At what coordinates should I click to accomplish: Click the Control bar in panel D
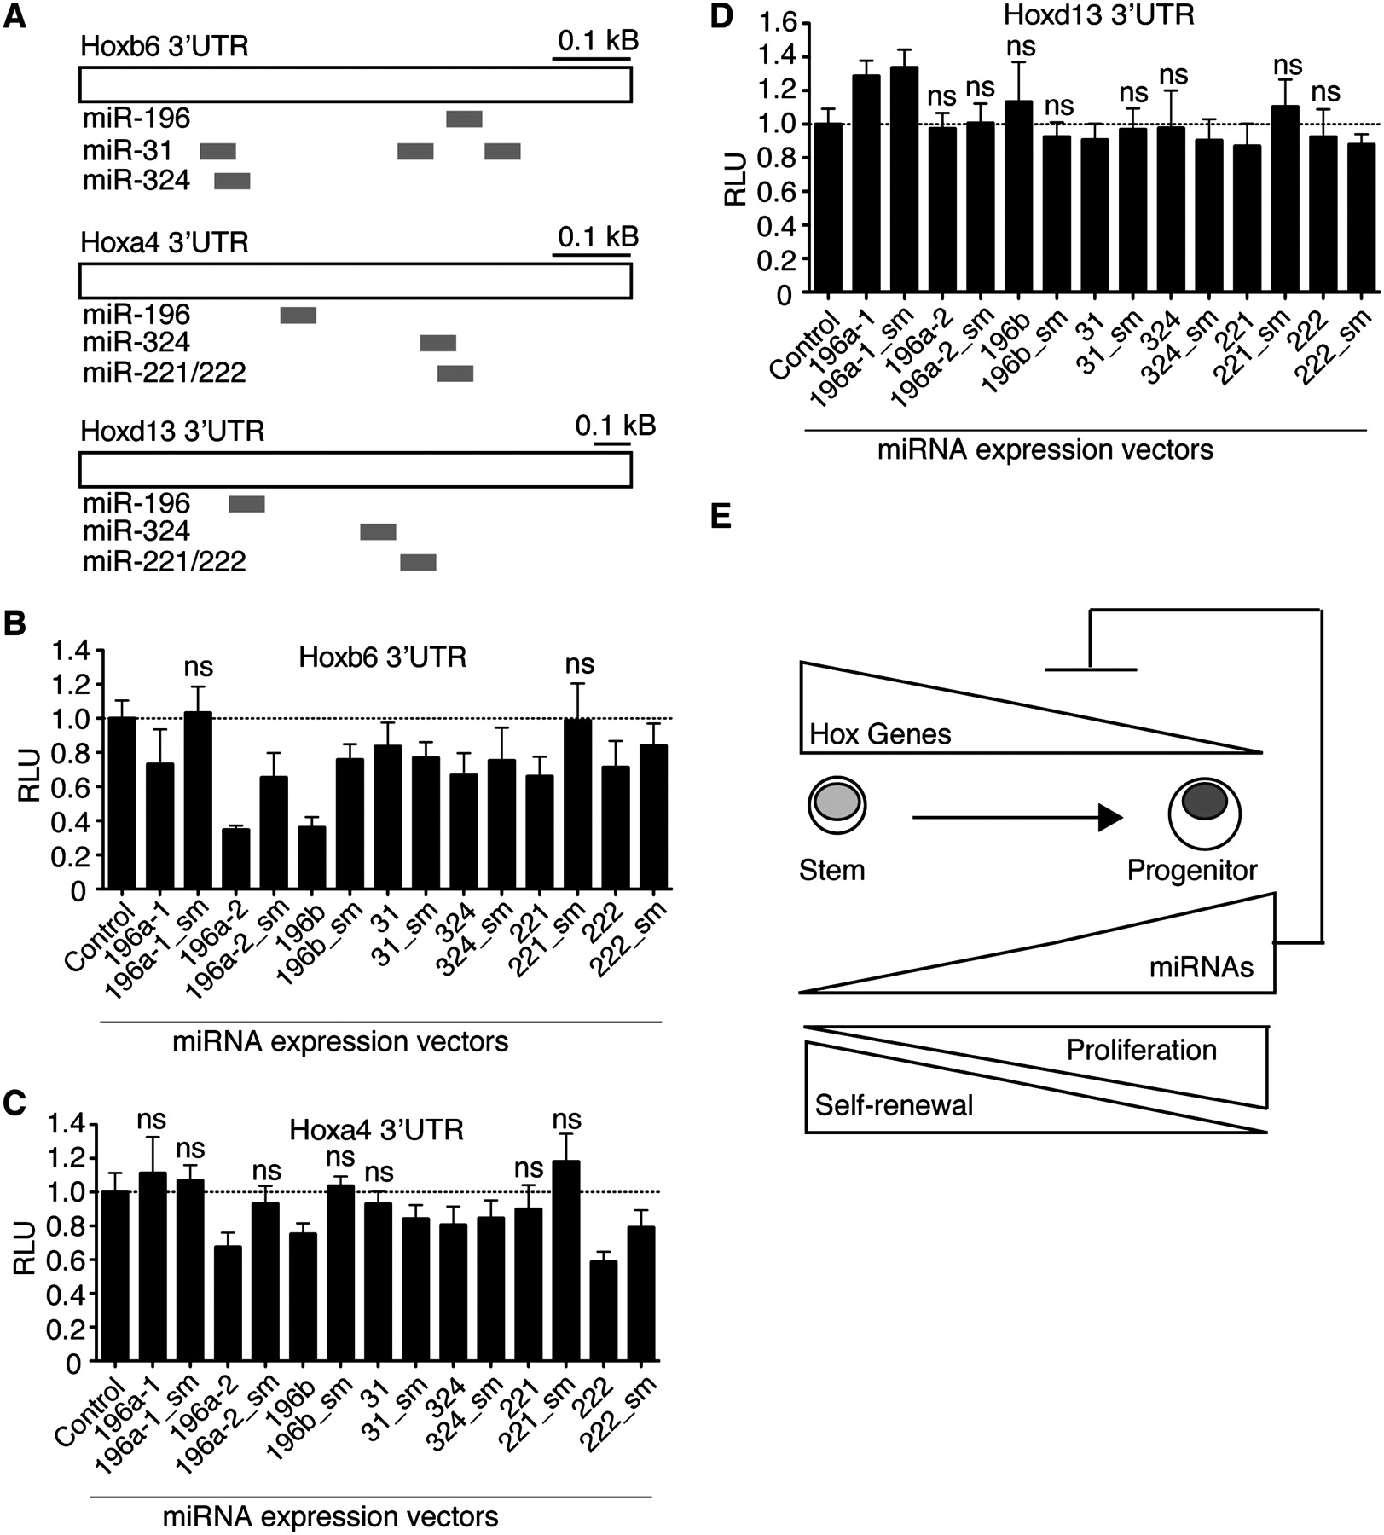click(x=828, y=209)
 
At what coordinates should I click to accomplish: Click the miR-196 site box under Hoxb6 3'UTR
click(x=464, y=119)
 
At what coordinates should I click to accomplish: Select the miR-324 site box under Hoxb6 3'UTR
click(x=232, y=181)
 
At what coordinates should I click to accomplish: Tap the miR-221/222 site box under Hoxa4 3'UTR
click(x=455, y=374)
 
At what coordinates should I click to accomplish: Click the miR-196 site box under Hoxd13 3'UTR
click(x=246, y=504)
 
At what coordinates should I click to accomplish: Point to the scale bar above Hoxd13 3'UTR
click(x=612, y=443)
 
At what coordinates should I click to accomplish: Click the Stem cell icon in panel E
click(x=837, y=803)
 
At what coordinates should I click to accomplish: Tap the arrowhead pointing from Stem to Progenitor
click(x=1109, y=818)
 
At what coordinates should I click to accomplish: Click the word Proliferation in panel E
click(x=1141, y=1050)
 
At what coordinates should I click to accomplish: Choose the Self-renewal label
click(x=894, y=1106)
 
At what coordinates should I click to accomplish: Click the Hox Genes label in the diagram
click(x=880, y=733)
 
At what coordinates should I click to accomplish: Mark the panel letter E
click(x=721, y=516)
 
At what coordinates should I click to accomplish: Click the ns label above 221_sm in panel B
click(x=580, y=663)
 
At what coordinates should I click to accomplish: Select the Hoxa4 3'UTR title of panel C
click(x=376, y=1130)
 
